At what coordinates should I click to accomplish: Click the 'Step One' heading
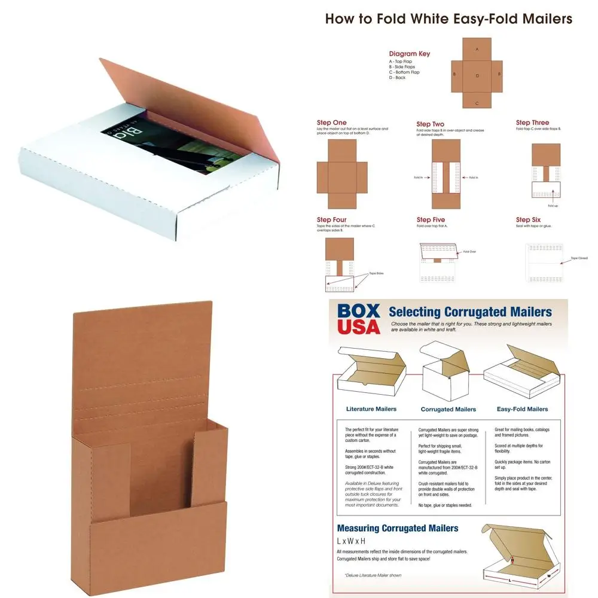tap(332, 123)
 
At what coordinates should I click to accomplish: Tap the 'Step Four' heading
tap(332, 220)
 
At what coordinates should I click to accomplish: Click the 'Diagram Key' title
tap(410, 54)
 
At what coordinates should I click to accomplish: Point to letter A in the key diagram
tap(477, 49)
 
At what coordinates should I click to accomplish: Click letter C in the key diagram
tap(477, 103)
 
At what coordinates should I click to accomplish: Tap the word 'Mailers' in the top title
tap(544, 19)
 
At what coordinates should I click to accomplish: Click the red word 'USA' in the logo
tap(359, 327)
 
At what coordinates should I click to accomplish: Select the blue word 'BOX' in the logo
tap(359, 311)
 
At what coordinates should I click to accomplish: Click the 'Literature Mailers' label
tap(373, 409)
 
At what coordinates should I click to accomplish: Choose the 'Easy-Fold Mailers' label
tap(522, 409)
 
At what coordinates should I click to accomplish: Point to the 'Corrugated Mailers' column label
tap(448, 409)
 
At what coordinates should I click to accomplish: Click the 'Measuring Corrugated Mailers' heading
tap(398, 528)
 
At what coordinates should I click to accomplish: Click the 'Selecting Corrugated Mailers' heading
tap(470, 312)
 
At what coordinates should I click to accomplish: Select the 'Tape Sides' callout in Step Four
tap(376, 273)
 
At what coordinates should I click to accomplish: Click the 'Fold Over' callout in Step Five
tap(469, 252)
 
